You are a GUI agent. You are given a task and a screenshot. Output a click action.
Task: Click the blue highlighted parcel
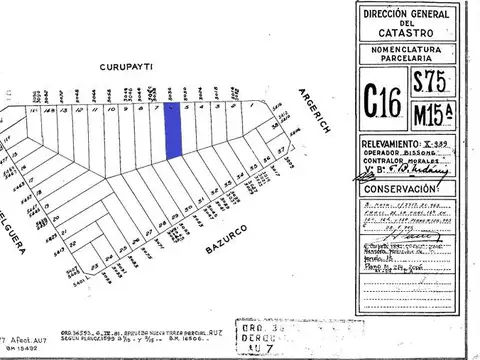(x=174, y=128)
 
